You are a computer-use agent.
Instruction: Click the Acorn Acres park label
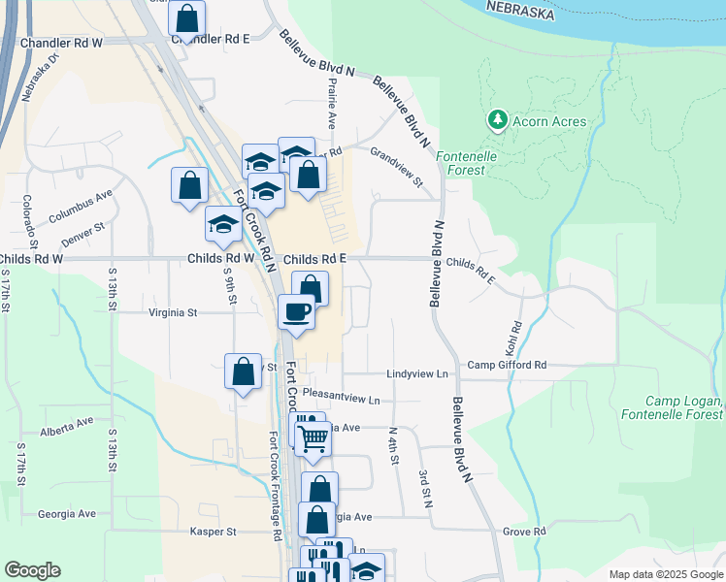(x=550, y=121)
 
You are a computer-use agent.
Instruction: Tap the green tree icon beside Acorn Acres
(x=498, y=120)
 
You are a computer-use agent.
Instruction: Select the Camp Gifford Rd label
(x=507, y=365)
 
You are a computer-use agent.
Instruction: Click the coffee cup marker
(x=296, y=312)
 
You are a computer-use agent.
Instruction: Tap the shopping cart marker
(x=313, y=438)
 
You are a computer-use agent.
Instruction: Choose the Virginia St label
(x=173, y=313)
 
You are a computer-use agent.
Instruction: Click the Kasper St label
(x=213, y=532)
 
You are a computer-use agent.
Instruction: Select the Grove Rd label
(x=525, y=532)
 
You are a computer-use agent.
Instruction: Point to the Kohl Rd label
(x=516, y=335)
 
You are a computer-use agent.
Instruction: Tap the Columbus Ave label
(x=82, y=204)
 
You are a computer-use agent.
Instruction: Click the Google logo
(x=32, y=570)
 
